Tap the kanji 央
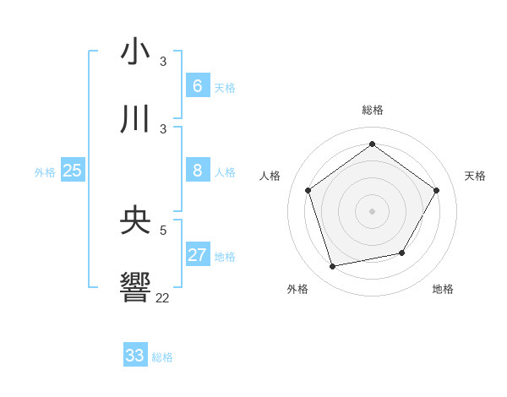pyautogui.click(x=135, y=220)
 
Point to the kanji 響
pyautogui.click(x=135, y=287)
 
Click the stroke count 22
pyautogui.click(x=162, y=297)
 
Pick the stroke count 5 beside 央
pyautogui.click(x=164, y=230)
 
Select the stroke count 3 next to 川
pyautogui.click(x=163, y=128)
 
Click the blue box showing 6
pyautogui.click(x=197, y=85)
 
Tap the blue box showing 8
pyautogui.click(x=197, y=171)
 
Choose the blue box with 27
pyautogui.click(x=197, y=255)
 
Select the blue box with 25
pyautogui.click(x=72, y=171)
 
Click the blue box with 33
pyautogui.click(x=135, y=356)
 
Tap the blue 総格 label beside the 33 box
pyautogui.click(x=162, y=357)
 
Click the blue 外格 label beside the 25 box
pyautogui.click(x=45, y=172)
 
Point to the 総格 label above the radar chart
pyautogui.click(x=373, y=110)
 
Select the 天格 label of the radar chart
pyautogui.click(x=475, y=176)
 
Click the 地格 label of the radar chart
pyautogui.click(x=443, y=289)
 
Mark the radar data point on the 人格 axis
pyautogui.click(x=308, y=190)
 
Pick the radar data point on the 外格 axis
pyautogui.click(x=333, y=266)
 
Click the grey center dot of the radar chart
pyautogui.click(x=373, y=210)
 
